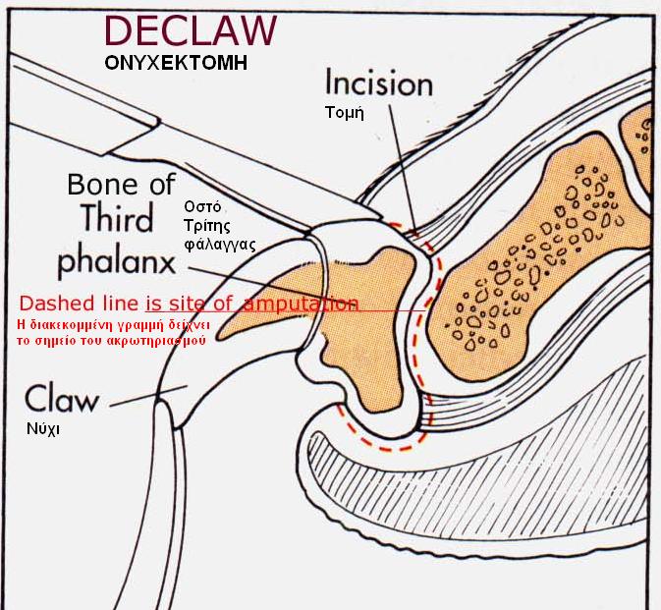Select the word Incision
(x=378, y=83)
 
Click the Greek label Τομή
(x=345, y=112)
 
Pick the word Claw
(x=62, y=399)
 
